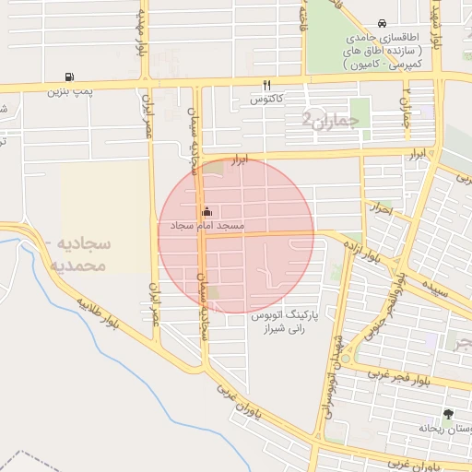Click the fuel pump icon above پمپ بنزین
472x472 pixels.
tap(69, 77)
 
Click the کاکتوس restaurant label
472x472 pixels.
tap(265, 99)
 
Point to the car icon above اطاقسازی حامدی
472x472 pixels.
tap(382, 24)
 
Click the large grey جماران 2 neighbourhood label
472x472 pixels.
tap(328, 118)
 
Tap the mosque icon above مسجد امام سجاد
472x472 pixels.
tap(206, 211)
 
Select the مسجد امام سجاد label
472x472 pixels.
tap(206, 226)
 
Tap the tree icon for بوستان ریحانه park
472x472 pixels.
tap(448, 414)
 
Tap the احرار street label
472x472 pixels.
tap(380, 211)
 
